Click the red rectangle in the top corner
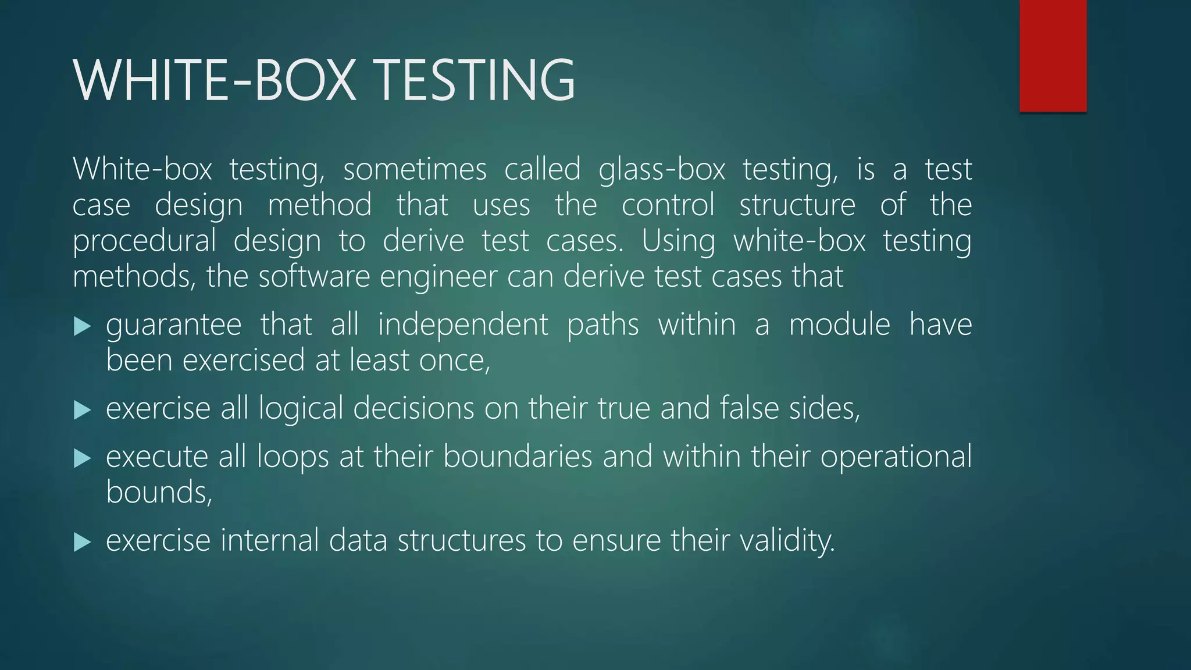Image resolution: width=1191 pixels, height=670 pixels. tap(1053, 56)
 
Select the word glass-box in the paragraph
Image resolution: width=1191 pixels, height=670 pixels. tap(662, 170)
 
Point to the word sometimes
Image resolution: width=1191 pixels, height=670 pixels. tap(415, 170)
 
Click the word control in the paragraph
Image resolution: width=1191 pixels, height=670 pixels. tap(668, 205)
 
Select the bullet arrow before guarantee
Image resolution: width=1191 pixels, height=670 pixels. tap(83, 327)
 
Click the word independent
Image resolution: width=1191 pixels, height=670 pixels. tap(463, 325)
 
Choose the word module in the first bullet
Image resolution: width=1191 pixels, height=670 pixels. tap(839, 325)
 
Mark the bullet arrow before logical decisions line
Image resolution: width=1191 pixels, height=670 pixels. tap(83, 411)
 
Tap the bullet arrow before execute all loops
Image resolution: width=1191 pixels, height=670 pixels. tap(83, 459)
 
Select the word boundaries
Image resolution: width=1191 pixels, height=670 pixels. tap(518, 457)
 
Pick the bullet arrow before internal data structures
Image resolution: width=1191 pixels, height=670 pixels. tap(83, 543)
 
